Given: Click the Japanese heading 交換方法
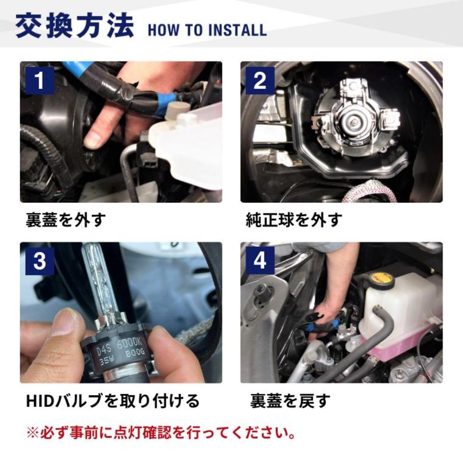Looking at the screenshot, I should point(75,26).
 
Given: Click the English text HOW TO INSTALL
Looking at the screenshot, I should point(207,30).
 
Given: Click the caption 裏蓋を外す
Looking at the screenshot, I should point(66,220).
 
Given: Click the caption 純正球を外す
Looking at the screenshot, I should point(294,220).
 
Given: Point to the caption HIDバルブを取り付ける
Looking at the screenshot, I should point(113,401).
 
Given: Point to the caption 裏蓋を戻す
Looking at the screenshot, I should point(290,401).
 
